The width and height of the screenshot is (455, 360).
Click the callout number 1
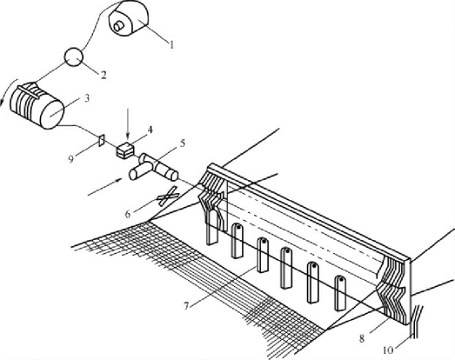coord(171,45)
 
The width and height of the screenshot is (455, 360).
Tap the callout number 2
coord(104,75)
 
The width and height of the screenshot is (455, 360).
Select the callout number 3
coord(86,98)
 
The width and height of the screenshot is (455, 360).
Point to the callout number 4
coord(150,130)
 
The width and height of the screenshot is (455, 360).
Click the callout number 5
coord(182,143)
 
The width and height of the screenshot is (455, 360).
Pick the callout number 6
coord(128,214)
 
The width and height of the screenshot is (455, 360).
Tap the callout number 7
coord(186,305)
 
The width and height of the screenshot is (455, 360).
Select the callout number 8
coord(362,338)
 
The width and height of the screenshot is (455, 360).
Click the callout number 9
coord(70,159)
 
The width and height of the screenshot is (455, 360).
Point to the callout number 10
coord(388,350)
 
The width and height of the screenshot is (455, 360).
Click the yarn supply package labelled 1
coord(129,18)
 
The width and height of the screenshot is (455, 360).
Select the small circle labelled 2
coord(74,57)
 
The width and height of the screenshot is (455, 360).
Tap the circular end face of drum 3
coord(52,114)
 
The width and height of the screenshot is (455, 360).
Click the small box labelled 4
coord(125,150)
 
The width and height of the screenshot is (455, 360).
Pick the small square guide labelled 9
coord(101,140)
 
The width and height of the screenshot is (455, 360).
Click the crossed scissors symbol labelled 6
coord(167,196)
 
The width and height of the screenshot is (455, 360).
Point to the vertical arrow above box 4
coord(127,127)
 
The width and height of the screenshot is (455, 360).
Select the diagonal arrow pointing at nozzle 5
coord(104,187)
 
